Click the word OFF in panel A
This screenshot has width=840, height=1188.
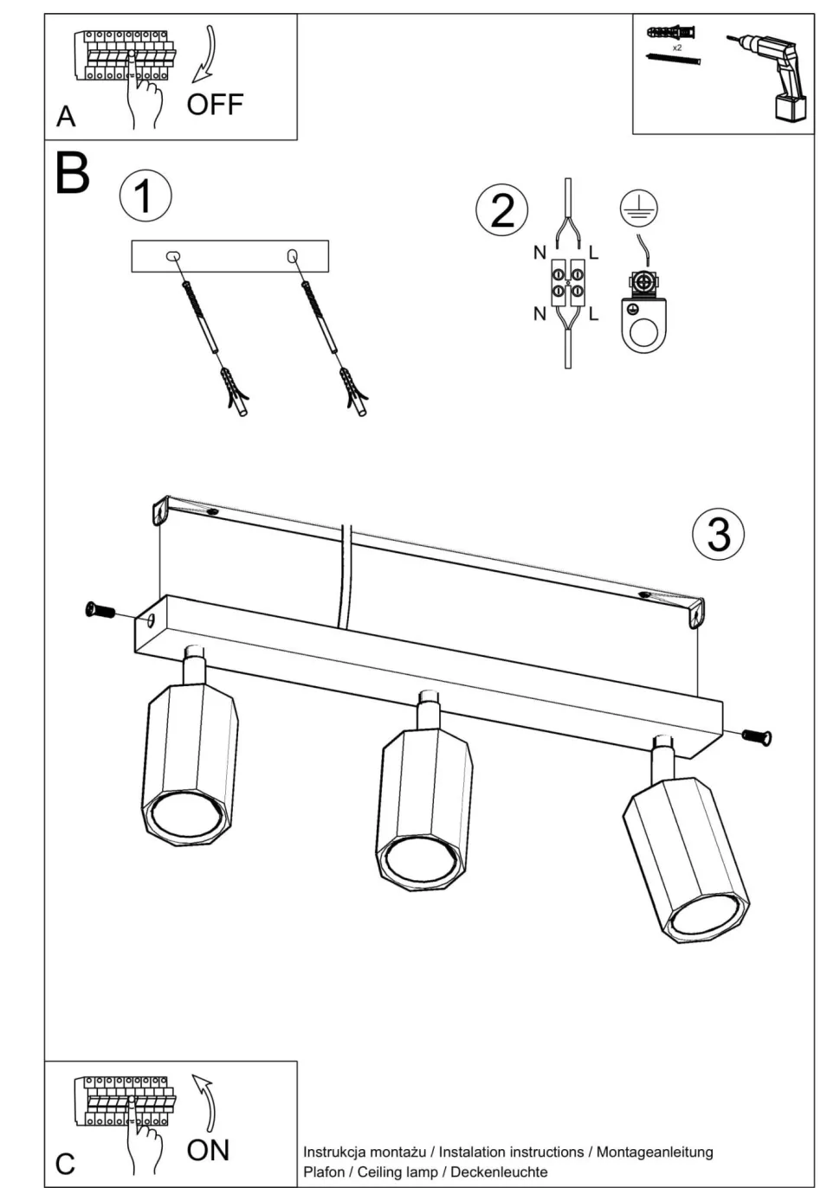click(x=215, y=105)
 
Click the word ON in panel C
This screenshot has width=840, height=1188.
click(x=208, y=1150)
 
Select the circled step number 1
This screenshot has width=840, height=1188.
click(x=145, y=196)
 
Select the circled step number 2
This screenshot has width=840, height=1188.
click(x=502, y=210)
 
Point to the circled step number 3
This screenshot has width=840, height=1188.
click(x=719, y=534)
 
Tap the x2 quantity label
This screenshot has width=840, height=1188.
click(x=677, y=48)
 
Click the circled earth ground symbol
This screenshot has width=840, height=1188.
click(x=638, y=209)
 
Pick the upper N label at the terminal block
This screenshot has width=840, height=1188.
click(x=540, y=253)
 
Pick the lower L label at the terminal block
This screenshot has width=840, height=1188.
click(x=593, y=314)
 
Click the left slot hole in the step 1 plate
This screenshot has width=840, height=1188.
click(x=172, y=256)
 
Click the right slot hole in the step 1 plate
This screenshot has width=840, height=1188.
click(x=292, y=255)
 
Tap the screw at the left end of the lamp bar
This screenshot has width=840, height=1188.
click(x=100, y=611)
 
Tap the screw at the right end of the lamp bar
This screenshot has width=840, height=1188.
click(x=757, y=736)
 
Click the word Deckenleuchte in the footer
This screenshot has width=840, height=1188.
click(x=499, y=1172)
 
